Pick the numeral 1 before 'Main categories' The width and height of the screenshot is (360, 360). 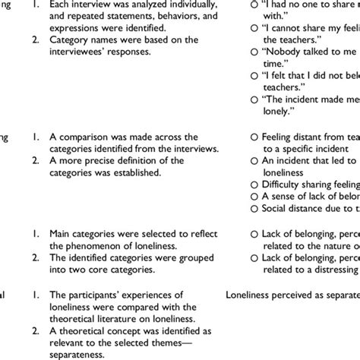tap(36, 213)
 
